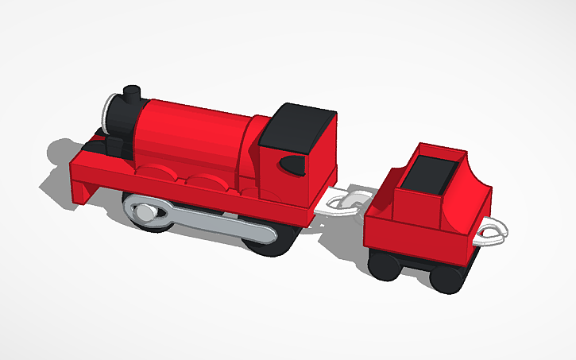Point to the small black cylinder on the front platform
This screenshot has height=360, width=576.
pos(114,148)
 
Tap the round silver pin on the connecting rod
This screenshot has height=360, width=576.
pos(146,213)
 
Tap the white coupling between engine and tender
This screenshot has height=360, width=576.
pos(346,203)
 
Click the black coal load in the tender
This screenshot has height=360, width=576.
pos(432,171)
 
